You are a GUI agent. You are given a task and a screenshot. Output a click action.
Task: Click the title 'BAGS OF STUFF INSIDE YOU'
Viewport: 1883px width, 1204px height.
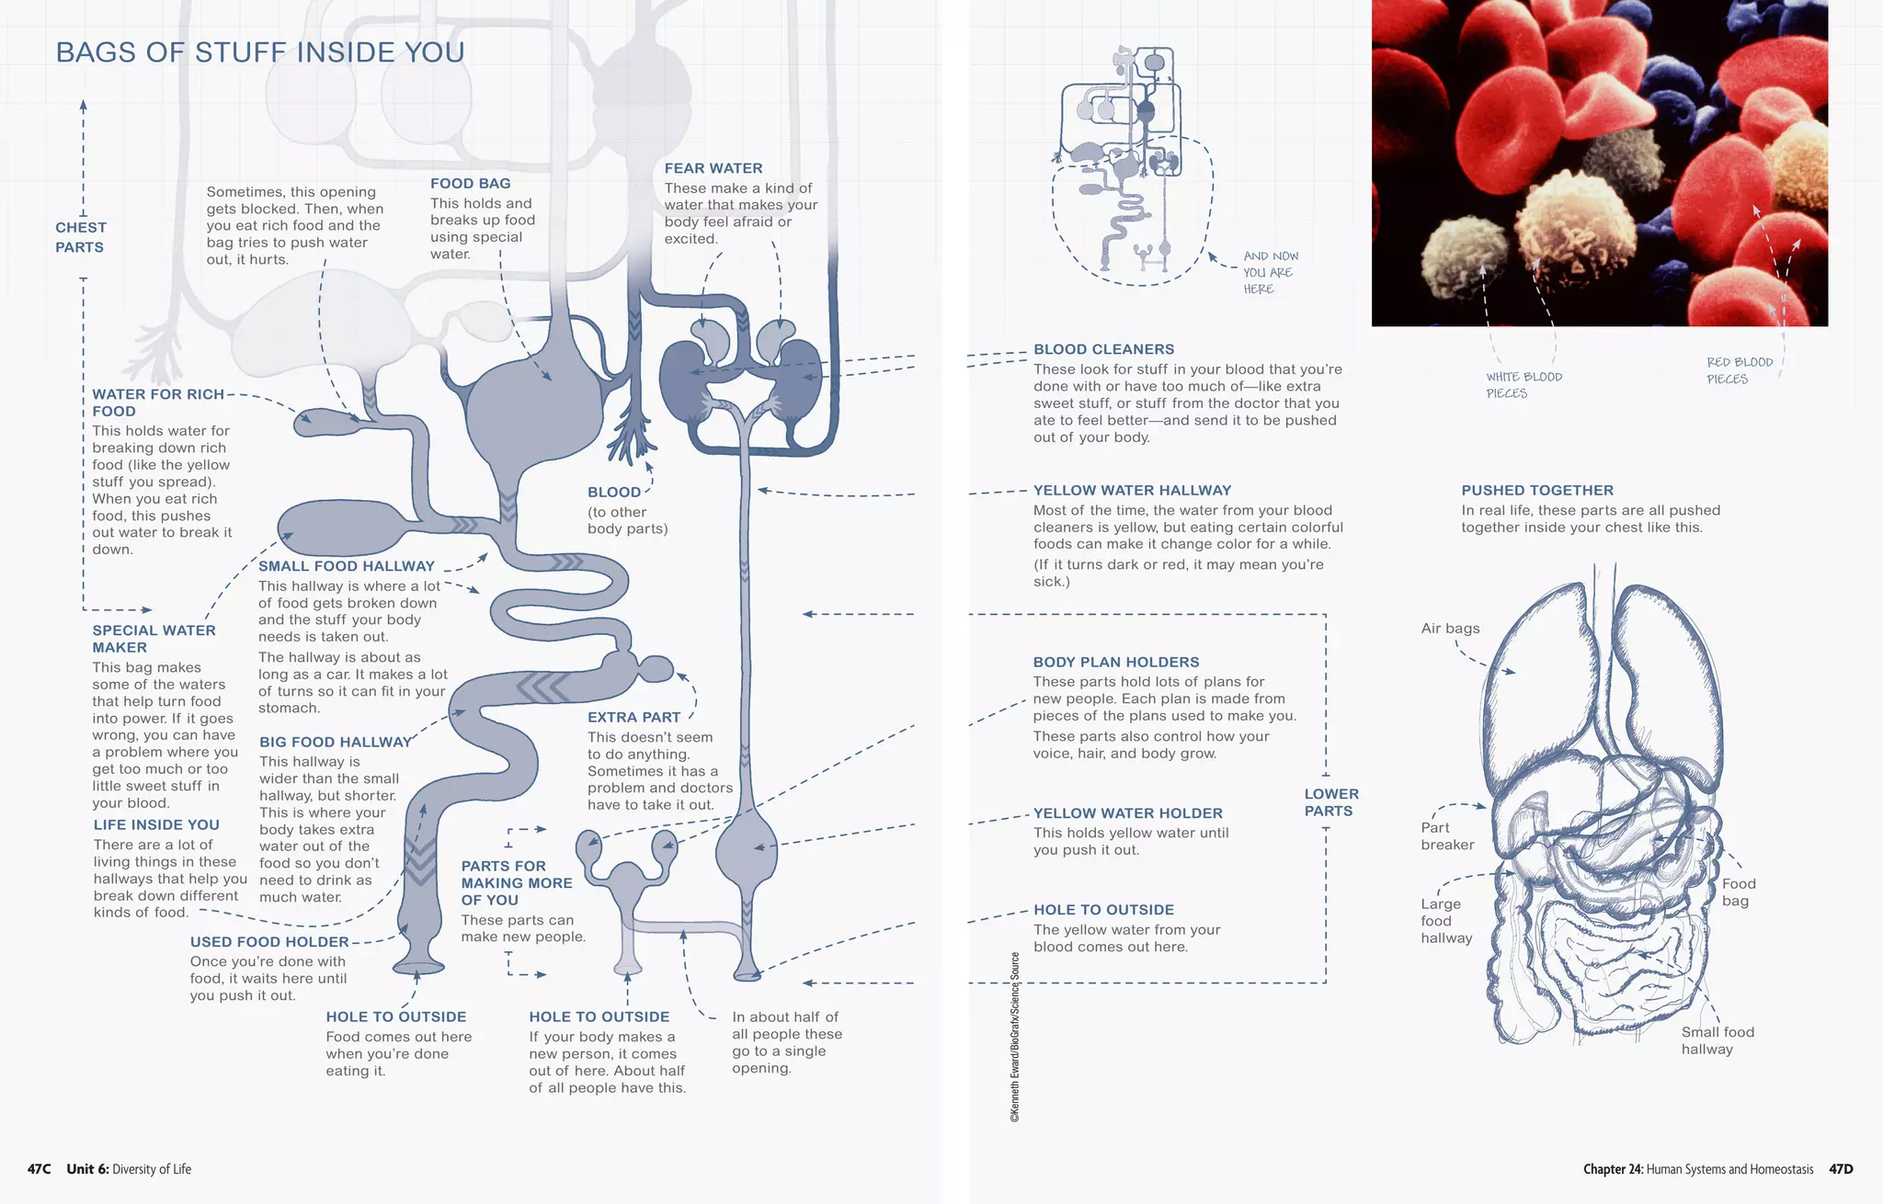click(260, 52)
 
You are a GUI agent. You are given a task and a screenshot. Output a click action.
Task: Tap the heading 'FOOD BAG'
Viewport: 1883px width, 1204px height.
click(470, 184)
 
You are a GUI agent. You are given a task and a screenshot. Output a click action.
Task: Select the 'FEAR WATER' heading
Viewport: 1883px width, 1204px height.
click(713, 168)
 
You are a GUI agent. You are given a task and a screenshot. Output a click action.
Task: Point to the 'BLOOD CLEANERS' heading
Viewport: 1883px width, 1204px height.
click(1103, 349)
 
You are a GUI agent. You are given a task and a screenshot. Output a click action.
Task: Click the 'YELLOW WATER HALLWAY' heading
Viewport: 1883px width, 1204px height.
click(1132, 491)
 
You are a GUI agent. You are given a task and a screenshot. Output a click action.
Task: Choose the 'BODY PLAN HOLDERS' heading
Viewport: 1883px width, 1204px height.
click(1116, 662)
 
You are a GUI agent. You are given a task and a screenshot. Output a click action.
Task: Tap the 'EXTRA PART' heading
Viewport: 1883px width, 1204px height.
click(634, 717)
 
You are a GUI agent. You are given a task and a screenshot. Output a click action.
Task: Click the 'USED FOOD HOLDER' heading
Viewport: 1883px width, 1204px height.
click(269, 942)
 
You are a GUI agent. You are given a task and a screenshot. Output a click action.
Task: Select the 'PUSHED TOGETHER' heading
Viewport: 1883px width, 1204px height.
click(1537, 491)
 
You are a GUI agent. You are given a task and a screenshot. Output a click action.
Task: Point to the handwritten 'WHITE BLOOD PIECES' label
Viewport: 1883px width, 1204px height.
click(1524, 385)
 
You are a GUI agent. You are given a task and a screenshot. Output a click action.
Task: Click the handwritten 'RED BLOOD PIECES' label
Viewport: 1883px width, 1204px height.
click(1739, 370)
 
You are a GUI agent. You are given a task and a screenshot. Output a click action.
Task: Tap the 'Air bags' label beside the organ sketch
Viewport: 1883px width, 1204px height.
click(1450, 629)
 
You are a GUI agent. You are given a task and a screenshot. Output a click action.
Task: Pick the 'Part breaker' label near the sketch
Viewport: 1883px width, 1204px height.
click(1446, 836)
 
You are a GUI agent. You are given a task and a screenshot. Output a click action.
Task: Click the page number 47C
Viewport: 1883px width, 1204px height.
click(39, 1169)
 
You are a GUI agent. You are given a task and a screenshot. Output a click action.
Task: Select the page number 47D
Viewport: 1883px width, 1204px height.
click(1841, 1169)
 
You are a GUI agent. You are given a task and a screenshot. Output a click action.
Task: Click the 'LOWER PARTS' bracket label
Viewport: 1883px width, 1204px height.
click(1330, 802)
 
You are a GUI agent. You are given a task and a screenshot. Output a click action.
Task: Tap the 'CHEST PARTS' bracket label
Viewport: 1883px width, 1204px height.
click(80, 237)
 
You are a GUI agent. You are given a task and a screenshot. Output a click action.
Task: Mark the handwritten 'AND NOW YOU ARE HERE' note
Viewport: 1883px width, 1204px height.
click(1270, 272)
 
